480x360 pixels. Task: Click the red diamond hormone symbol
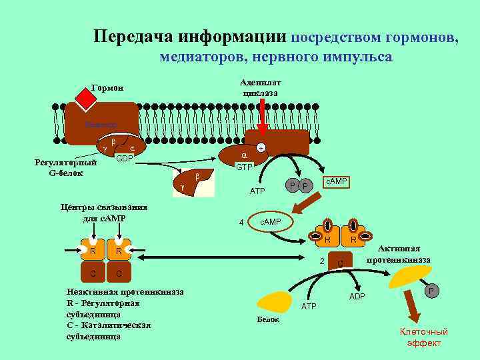click(87, 99)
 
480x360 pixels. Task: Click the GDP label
click(125, 158)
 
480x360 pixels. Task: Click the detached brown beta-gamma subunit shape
click(193, 182)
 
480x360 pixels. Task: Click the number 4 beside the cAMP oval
click(241, 223)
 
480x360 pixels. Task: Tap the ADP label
click(357, 296)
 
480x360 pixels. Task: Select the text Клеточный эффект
click(423, 337)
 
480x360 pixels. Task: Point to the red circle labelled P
click(431, 291)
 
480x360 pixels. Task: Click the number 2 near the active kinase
click(322, 261)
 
